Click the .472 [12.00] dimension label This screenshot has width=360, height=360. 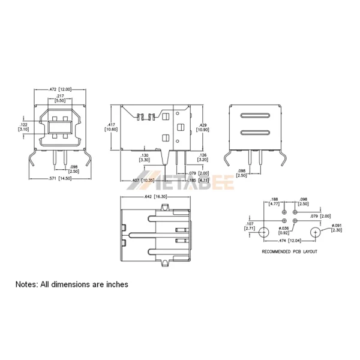pos(60,89)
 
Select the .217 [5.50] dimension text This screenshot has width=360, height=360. pos(61,99)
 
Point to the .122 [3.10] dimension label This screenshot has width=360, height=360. pos(23,127)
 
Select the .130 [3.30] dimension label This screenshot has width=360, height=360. pos(145,158)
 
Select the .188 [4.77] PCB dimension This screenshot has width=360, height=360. pos(274,201)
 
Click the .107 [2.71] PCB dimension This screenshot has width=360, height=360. pos(250,226)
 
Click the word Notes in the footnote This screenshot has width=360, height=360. pos(26,284)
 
